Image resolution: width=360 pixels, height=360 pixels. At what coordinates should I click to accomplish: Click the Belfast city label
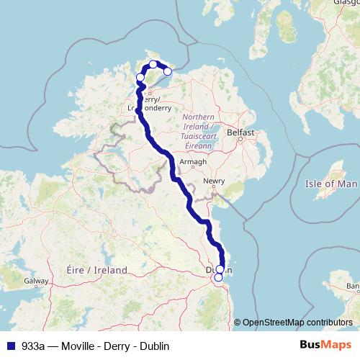pos(240,133)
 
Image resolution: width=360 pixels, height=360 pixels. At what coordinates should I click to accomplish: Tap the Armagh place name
pos(193,162)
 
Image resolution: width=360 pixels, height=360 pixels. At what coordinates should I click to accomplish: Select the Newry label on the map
pos(214,181)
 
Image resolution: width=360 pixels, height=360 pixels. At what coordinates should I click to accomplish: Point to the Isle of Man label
pos(331,184)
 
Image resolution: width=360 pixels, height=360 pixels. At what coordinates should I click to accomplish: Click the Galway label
pos(35,281)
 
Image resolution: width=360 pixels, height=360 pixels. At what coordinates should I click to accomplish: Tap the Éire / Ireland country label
pos(96,270)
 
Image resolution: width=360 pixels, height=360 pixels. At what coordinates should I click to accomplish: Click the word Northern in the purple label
pos(198,117)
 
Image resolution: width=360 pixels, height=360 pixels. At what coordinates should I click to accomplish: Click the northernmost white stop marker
pos(153,64)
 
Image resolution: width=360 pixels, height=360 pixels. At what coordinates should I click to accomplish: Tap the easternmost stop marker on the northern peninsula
pos(168,71)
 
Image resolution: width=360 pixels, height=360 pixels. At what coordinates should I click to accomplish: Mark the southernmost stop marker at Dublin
pos(218,277)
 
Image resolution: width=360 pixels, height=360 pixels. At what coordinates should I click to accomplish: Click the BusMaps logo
pos(325,345)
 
